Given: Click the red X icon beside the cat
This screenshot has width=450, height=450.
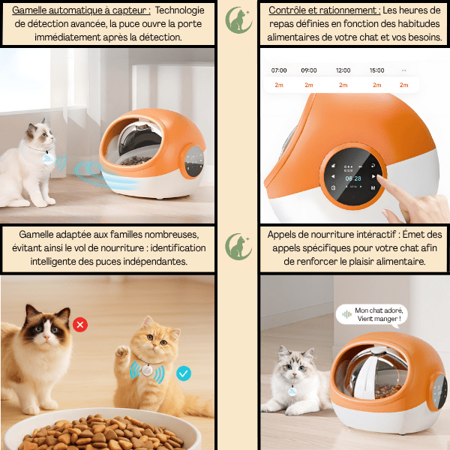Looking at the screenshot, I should click(x=80, y=325).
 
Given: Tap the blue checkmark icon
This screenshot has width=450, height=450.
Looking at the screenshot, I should click(x=183, y=373).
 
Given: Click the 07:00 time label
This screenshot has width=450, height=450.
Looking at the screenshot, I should click(x=278, y=70).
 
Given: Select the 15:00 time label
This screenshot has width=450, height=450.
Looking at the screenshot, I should click(x=376, y=70).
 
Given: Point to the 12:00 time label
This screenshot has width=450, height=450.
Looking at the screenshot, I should click(x=343, y=70).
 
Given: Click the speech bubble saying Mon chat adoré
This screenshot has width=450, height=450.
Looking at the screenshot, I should click(x=372, y=314).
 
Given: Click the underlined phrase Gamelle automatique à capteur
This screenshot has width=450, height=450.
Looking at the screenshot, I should click(x=81, y=10).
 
